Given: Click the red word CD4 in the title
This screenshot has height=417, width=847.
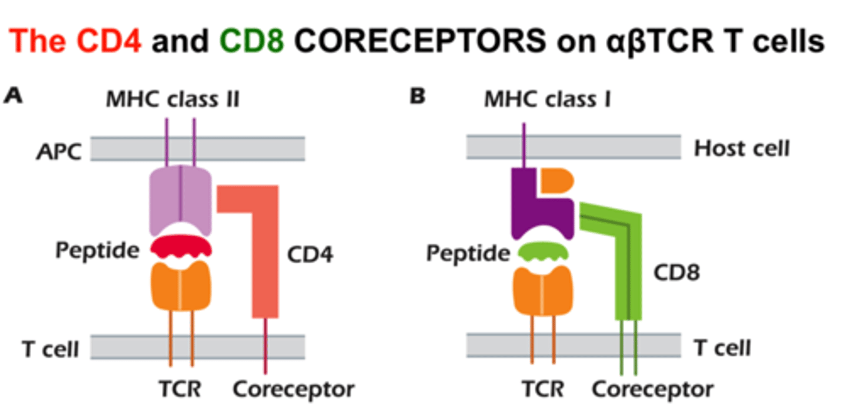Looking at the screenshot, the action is click(x=108, y=40).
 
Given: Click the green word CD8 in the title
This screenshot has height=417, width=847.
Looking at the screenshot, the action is click(x=252, y=40).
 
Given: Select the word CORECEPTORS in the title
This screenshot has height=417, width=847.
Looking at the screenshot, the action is click(x=420, y=40).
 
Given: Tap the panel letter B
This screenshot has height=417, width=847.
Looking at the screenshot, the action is click(x=418, y=96).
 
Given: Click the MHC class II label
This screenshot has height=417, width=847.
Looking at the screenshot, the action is click(x=173, y=99).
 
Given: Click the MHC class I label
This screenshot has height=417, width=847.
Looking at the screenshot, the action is click(x=548, y=99).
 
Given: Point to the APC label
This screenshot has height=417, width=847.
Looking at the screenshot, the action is click(x=59, y=151).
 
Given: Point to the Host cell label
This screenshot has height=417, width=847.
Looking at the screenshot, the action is click(x=742, y=148).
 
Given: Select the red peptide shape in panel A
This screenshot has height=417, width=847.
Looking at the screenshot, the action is click(x=181, y=246).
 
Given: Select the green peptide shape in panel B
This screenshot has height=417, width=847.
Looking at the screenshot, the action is click(x=542, y=251).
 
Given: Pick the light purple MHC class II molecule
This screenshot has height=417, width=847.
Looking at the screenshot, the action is click(x=181, y=199).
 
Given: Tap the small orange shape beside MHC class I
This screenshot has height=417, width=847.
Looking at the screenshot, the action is click(x=556, y=181).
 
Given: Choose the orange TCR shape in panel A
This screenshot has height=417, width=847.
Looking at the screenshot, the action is click(x=181, y=286).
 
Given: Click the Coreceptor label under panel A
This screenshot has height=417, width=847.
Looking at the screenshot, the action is click(x=294, y=389).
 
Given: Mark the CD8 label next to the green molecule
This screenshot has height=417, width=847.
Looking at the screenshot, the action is click(x=677, y=272).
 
